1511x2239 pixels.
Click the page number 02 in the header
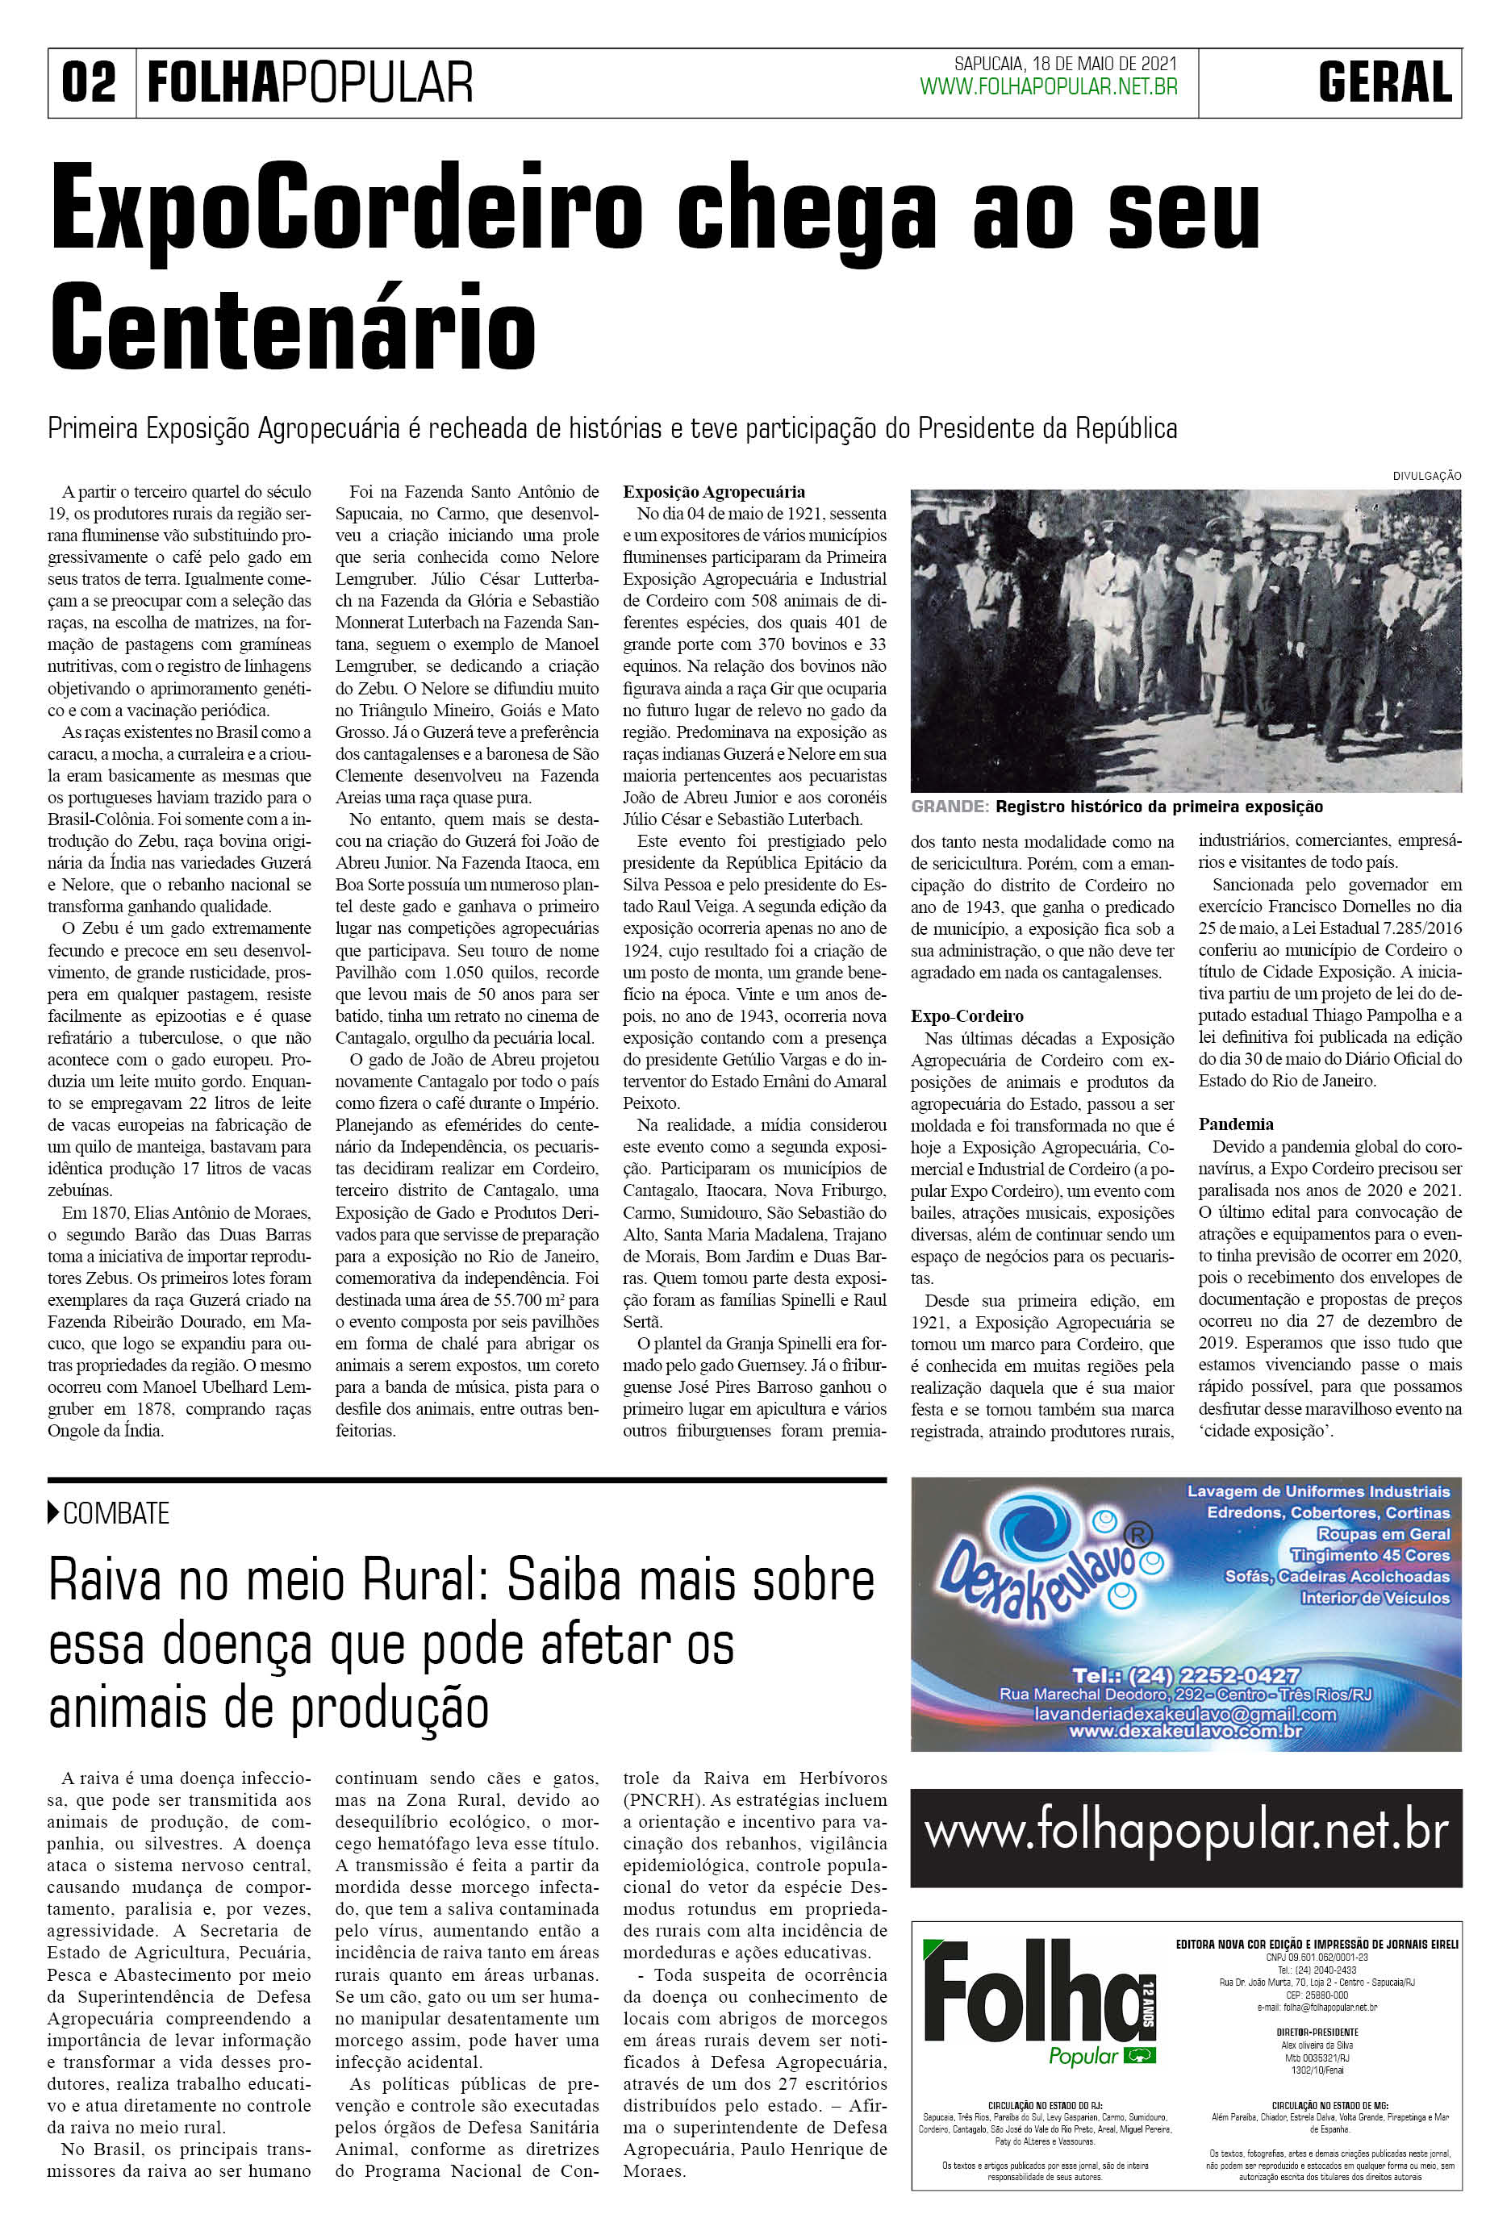89,83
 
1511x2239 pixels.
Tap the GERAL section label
1385,83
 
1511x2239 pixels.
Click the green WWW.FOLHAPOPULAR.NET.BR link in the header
1049,88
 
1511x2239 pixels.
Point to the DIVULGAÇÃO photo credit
1426,476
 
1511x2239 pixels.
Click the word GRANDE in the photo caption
950,807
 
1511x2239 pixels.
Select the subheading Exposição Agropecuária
713,491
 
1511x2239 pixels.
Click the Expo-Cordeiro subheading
966,1016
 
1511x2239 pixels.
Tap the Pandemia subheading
1235,1124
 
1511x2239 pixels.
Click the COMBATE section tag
115,1514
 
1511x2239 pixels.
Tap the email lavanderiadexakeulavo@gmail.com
1184,1715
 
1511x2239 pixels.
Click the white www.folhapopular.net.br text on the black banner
1185,1832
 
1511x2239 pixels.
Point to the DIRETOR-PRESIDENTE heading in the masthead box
1317,2032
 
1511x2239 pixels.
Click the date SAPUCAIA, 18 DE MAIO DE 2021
1065,64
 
